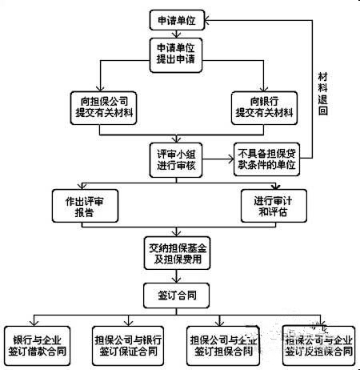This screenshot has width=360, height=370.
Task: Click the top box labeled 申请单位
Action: [178, 18]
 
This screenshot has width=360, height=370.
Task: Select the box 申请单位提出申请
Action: [178, 54]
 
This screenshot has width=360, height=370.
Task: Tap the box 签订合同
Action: [178, 294]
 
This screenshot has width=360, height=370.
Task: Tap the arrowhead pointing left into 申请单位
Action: [212, 18]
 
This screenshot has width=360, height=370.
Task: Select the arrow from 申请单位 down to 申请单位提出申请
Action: [178, 33]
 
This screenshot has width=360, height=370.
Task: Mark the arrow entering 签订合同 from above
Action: [178, 278]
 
